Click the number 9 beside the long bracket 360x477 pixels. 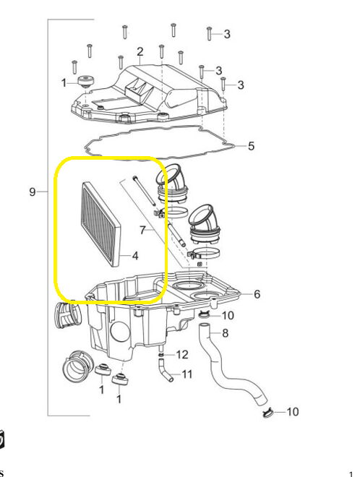(x=33, y=192)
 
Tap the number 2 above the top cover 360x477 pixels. (x=140, y=52)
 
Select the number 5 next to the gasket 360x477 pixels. (x=251, y=146)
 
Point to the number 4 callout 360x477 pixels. (x=135, y=256)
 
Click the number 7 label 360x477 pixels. (x=142, y=230)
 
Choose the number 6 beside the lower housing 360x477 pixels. (x=257, y=294)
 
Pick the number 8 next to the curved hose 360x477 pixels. (x=225, y=333)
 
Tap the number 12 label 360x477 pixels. (x=182, y=355)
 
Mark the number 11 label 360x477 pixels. (x=187, y=374)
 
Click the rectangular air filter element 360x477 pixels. (x=101, y=224)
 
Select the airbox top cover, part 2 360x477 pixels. (x=149, y=94)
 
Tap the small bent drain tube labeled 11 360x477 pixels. (x=166, y=369)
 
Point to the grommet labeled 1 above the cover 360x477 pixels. (x=85, y=81)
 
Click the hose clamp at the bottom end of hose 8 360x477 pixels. (x=267, y=413)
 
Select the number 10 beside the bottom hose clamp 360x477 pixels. (x=293, y=412)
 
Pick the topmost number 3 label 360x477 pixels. (x=227, y=34)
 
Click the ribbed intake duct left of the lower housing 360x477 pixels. (x=67, y=315)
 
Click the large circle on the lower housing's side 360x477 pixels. (x=120, y=332)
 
